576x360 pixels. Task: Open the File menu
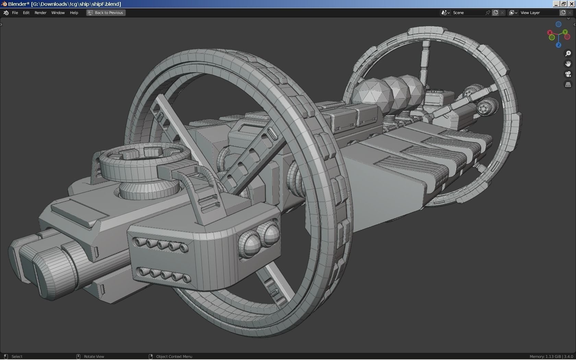point(15,13)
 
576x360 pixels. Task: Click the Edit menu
point(26,13)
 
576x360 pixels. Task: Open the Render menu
point(40,13)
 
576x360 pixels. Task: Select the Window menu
point(58,13)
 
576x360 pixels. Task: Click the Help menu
point(74,13)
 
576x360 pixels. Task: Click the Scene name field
point(468,13)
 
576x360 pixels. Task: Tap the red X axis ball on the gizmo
point(550,33)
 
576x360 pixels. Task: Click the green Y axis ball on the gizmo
point(565,32)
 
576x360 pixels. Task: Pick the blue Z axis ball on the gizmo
point(559,45)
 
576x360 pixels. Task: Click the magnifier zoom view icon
point(568,53)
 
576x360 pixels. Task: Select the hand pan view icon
point(568,64)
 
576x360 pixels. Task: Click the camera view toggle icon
point(568,74)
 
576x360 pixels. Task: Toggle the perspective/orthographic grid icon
point(568,84)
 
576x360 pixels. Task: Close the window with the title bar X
point(572,4)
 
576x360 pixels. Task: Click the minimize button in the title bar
point(556,4)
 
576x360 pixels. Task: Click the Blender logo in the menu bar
point(6,13)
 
